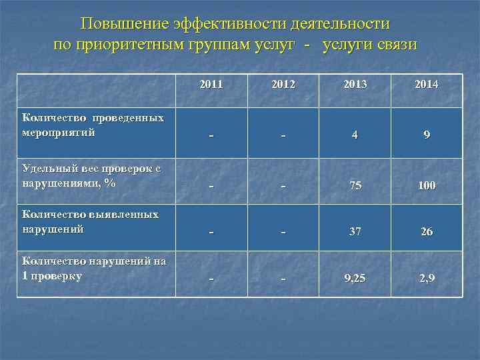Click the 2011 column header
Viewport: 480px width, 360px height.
pos(211,85)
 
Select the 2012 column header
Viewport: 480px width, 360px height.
pos(283,85)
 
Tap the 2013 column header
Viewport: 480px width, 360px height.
pos(355,85)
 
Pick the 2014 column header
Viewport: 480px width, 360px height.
pos(427,85)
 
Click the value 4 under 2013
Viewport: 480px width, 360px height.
pos(355,135)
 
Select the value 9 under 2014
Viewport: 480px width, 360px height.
pos(427,135)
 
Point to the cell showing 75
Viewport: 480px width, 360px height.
pos(355,186)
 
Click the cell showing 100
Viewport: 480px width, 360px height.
pos(427,186)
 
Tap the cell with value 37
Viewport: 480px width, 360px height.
pos(355,232)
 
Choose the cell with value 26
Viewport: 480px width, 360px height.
pos(427,232)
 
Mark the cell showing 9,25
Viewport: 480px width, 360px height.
pos(355,278)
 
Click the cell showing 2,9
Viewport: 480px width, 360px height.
pos(427,278)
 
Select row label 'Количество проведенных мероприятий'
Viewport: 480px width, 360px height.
pos(93,125)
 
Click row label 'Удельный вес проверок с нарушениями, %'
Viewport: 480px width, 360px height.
pos(91,176)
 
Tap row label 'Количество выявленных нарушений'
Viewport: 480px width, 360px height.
pos(90,222)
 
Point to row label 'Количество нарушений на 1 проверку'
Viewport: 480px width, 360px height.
pos(93,268)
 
